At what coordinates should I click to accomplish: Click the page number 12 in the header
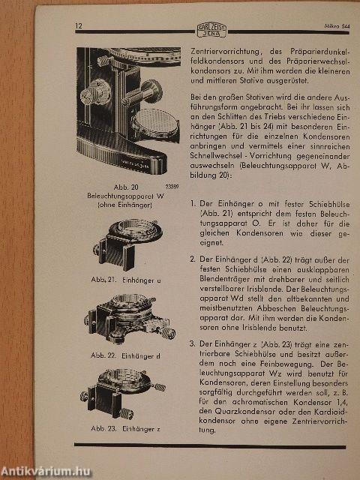click(x=79, y=27)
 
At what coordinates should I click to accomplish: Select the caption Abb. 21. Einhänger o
click(x=125, y=280)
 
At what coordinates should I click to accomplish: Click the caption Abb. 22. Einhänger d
click(x=127, y=354)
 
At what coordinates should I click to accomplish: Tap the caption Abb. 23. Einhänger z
click(x=126, y=429)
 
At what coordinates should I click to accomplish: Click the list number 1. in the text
click(x=194, y=203)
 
